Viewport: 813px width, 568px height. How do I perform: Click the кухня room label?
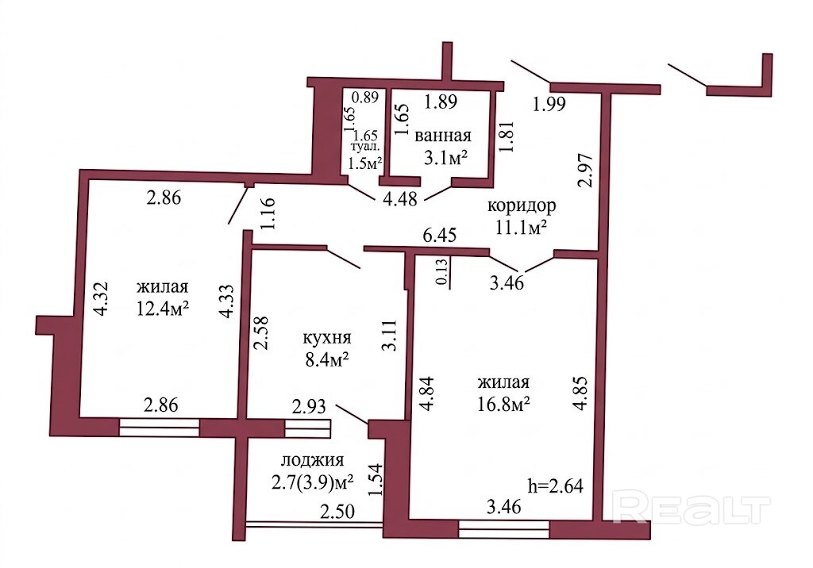[x=326, y=338]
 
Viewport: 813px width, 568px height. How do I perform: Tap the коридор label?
[x=522, y=205]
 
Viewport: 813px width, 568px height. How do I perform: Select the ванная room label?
[x=443, y=136]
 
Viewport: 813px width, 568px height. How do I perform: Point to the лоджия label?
[x=313, y=460]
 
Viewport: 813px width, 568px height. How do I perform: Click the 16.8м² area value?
[x=503, y=403]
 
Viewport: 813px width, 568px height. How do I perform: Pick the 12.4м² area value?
[x=162, y=309]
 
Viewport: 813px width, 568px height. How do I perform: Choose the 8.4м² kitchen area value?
[x=326, y=359]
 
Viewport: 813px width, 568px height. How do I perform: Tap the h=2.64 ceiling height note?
[x=555, y=486]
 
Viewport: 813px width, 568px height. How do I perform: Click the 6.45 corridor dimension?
[x=440, y=236]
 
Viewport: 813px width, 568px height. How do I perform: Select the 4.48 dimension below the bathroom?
[x=400, y=199]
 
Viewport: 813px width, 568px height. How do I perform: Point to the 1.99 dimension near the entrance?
[x=549, y=104]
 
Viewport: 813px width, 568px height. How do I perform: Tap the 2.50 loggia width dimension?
[x=337, y=512]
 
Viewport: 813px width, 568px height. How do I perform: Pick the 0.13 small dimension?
[x=441, y=271]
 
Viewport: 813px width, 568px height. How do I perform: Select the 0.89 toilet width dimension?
[x=365, y=97]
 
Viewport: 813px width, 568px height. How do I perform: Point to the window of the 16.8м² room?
[x=504, y=529]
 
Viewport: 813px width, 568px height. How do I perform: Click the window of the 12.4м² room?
[x=159, y=428]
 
